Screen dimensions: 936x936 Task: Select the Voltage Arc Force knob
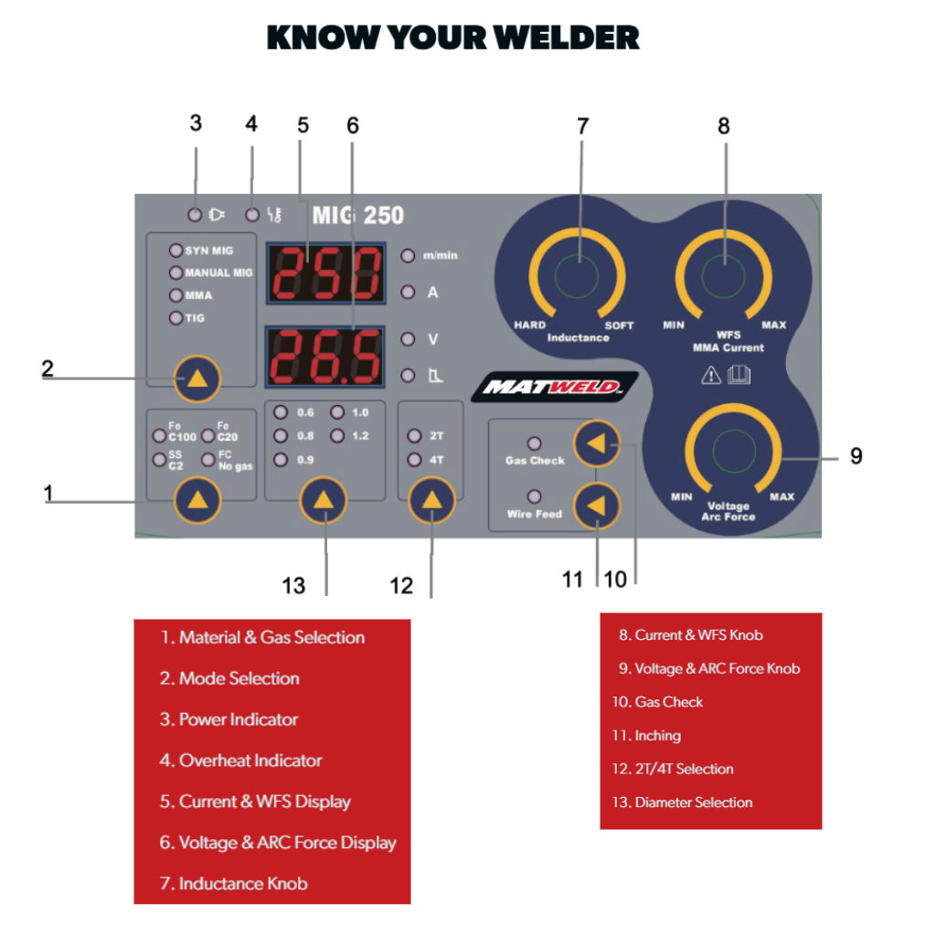coord(729,453)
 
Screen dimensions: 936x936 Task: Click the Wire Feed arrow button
coord(596,506)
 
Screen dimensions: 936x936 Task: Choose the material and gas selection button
coord(197,500)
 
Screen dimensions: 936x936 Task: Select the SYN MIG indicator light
coord(175,250)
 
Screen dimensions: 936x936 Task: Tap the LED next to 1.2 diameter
coord(337,437)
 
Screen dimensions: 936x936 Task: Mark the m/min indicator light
coord(407,256)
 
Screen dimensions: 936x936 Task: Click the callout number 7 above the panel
coord(582,126)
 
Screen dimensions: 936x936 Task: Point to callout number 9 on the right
coord(856,455)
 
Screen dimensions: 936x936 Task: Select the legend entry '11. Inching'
coord(646,736)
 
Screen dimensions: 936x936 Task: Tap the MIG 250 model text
coord(357,216)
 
